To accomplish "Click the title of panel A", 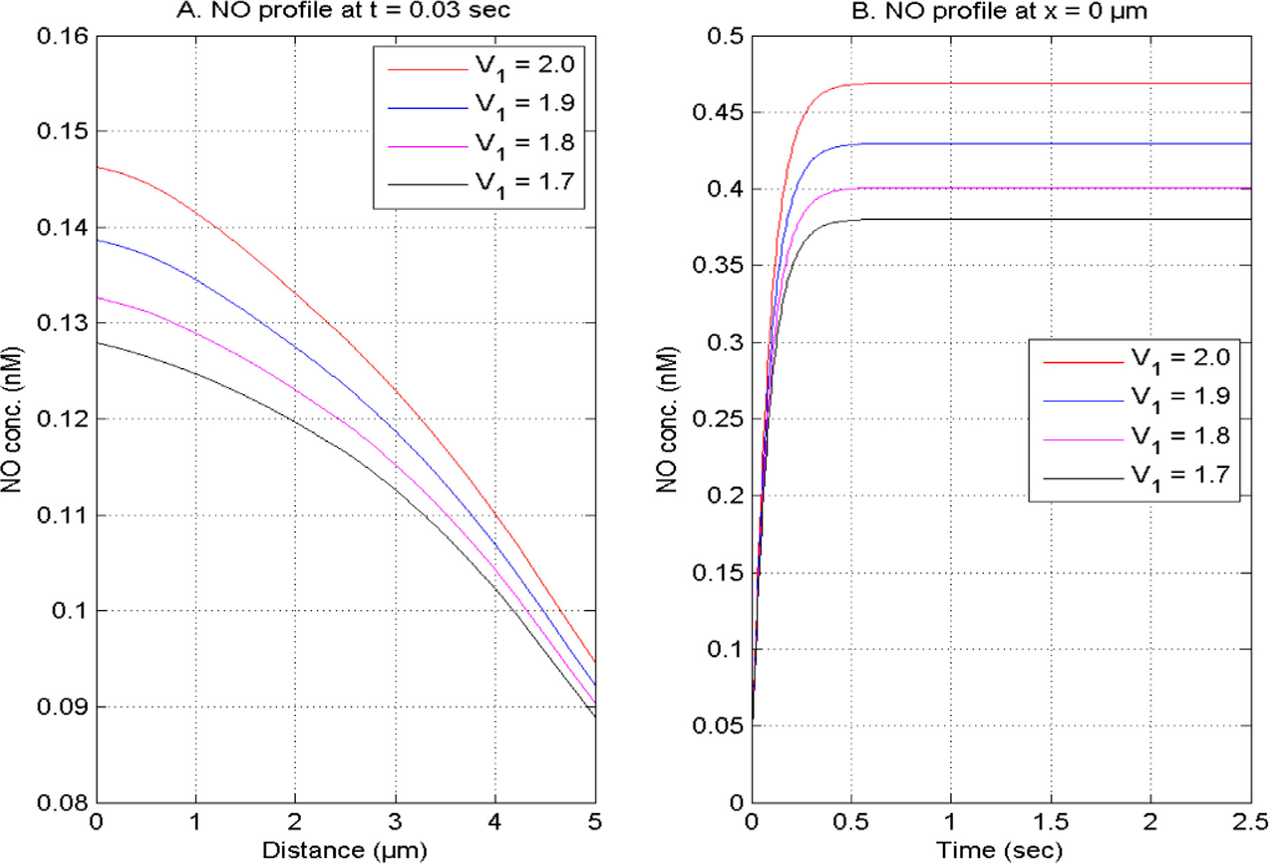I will click(343, 10).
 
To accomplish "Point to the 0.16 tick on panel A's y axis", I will click(63, 36).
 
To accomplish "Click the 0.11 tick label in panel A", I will click(63, 515).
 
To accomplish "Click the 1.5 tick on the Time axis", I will click(1051, 822).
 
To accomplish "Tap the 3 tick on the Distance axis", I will click(395, 822).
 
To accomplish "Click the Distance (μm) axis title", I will click(345, 850).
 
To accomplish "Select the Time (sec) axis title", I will click(1000, 850).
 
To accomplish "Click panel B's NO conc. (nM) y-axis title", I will click(667, 419).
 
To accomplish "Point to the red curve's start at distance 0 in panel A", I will click(98, 167).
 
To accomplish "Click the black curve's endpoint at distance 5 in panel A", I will click(595, 716).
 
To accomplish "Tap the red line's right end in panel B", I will click(1249, 84).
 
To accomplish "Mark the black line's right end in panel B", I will click(1249, 219).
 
